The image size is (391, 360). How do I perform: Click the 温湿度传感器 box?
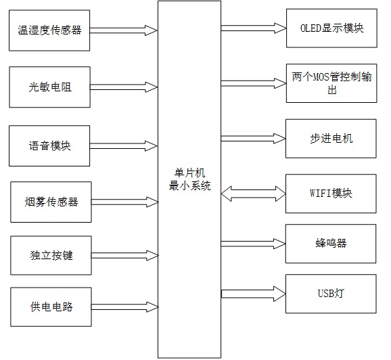[49, 30]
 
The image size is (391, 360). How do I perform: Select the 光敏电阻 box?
[49, 87]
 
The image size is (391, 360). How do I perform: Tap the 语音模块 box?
[49, 145]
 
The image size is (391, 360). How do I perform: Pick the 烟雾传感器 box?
[51, 202]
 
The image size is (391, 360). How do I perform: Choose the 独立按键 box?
[51, 255]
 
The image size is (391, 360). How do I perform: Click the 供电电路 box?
[51, 307]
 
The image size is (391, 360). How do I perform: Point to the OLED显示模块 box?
[331, 28]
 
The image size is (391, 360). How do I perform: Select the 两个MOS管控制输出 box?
[331, 83]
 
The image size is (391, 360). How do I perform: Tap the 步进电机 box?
[331, 139]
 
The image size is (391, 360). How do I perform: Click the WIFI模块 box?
[331, 194]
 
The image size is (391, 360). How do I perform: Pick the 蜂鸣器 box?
[331, 243]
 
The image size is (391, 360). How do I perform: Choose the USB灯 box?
[331, 294]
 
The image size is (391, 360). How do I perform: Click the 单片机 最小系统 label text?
[189, 179]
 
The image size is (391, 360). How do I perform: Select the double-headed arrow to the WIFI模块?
[253, 194]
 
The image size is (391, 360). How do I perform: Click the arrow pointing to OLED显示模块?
[253, 28]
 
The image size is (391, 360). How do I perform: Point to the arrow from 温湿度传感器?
[124, 30]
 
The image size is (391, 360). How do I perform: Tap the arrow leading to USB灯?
[253, 294]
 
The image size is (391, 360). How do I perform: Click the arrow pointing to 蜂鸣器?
[253, 243]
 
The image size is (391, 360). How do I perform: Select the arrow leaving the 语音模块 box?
[124, 145]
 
